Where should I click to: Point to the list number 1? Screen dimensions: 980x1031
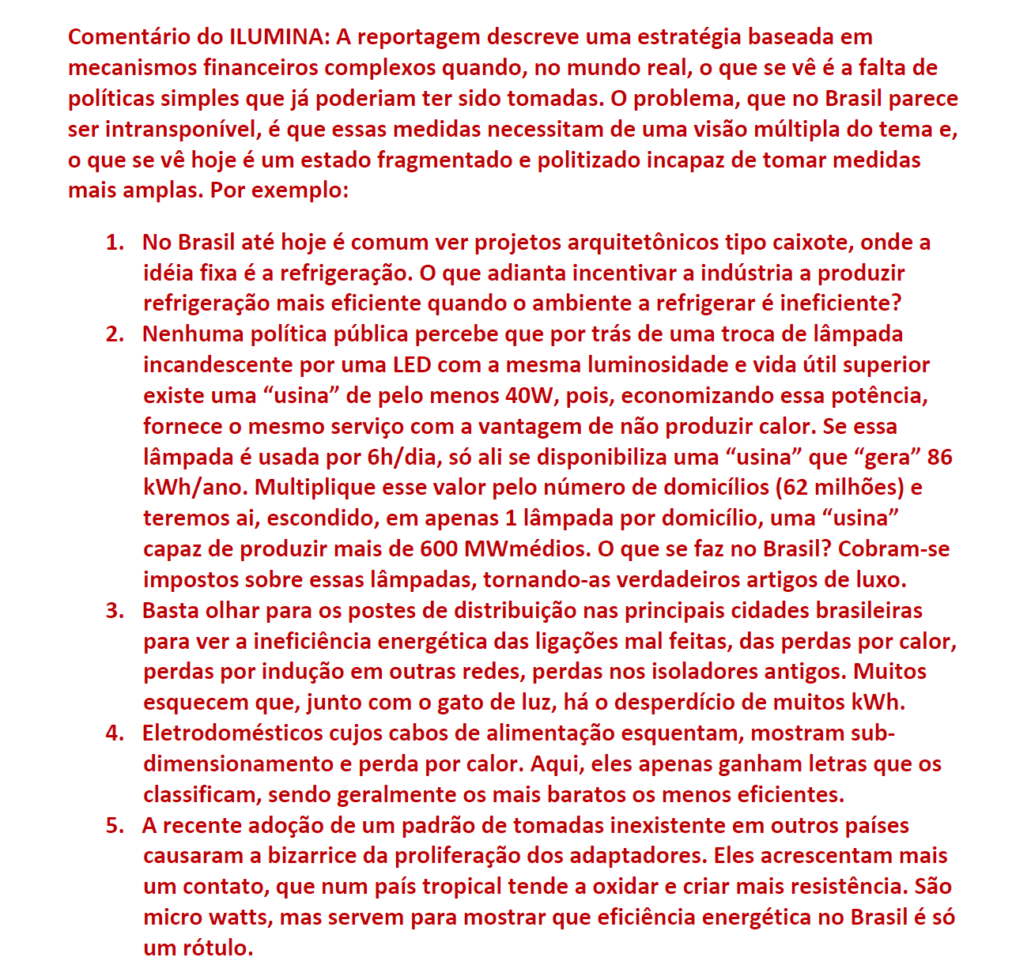(114, 243)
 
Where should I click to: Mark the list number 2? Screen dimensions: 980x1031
(114, 334)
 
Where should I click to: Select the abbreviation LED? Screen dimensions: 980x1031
(411, 365)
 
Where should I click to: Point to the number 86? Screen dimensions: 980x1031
(940, 458)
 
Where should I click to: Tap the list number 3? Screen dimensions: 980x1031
(114, 611)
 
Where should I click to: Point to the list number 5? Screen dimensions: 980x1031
(114, 826)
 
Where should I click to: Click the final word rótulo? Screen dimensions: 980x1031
(218, 948)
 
